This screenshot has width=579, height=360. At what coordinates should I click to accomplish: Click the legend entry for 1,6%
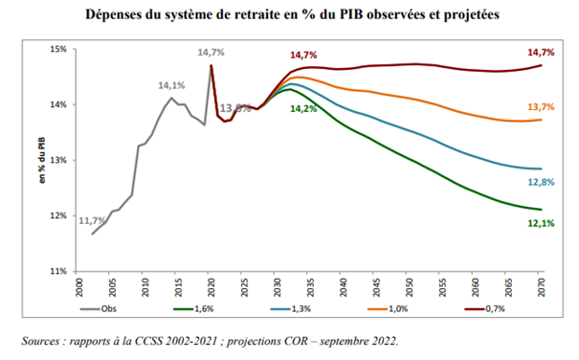point(194,308)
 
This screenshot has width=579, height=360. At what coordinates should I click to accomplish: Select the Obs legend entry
point(99,308)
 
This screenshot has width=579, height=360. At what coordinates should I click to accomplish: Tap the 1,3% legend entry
point(291,308)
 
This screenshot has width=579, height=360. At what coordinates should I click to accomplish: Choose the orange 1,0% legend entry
point(388,308)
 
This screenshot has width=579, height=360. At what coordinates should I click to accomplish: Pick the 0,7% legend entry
point(485,308)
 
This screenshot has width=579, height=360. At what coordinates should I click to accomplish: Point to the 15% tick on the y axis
point(58,49)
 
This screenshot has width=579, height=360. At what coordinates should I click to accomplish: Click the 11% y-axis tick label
point(58,271)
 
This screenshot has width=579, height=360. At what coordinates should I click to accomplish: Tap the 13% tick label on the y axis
point(58,160)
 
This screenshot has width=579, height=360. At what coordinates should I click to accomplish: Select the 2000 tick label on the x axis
point(79,287)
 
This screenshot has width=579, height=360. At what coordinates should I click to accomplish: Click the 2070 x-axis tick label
point(542,287)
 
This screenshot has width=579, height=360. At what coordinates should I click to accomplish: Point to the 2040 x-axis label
point(344,287)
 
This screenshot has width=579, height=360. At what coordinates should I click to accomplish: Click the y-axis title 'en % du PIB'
point(42,160)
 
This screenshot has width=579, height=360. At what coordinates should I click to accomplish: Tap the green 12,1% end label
point(541,223)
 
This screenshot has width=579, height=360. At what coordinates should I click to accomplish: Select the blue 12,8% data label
point(541,182)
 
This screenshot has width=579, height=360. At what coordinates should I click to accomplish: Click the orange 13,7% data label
point(541,107)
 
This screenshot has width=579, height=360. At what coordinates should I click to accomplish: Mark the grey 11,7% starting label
point(92,220)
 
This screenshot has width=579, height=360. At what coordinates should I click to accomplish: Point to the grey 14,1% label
point(171,85)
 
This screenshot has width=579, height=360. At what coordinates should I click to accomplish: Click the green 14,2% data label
point(303,108)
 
